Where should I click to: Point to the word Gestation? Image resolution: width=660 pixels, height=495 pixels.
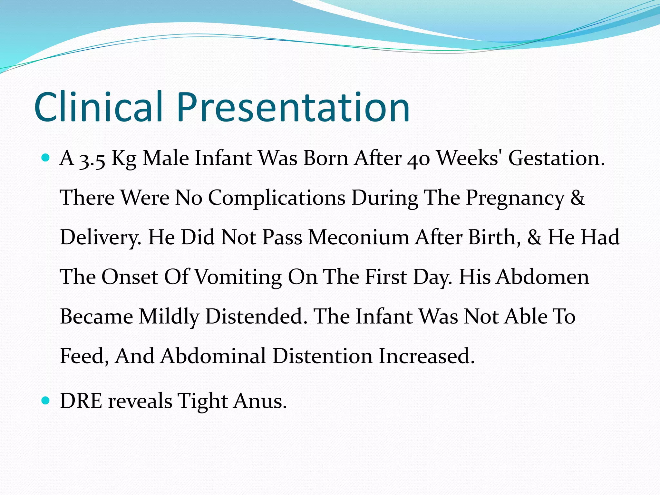[x=557, y=159]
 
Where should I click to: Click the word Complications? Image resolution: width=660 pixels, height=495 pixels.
[x=277, y=198]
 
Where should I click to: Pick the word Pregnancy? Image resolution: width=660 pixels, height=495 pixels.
[x=515, y=198]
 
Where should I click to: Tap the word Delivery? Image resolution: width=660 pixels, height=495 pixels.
[x=101, y=238]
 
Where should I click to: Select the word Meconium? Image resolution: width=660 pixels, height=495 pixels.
[x=358, y=238]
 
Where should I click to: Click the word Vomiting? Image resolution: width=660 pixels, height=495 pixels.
[x=238, y=277]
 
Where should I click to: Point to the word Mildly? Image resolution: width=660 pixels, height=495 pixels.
[x=169, y=317]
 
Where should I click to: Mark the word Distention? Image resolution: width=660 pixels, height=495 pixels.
[x=322, y=356]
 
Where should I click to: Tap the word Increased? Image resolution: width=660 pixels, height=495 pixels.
[x=426, y=356]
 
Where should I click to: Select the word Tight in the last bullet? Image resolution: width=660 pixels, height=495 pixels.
[x=203, y=402]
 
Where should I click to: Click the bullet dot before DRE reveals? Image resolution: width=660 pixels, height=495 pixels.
[x=46, y=401]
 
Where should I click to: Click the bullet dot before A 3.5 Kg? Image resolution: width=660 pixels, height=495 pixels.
[x=46, y=158]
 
